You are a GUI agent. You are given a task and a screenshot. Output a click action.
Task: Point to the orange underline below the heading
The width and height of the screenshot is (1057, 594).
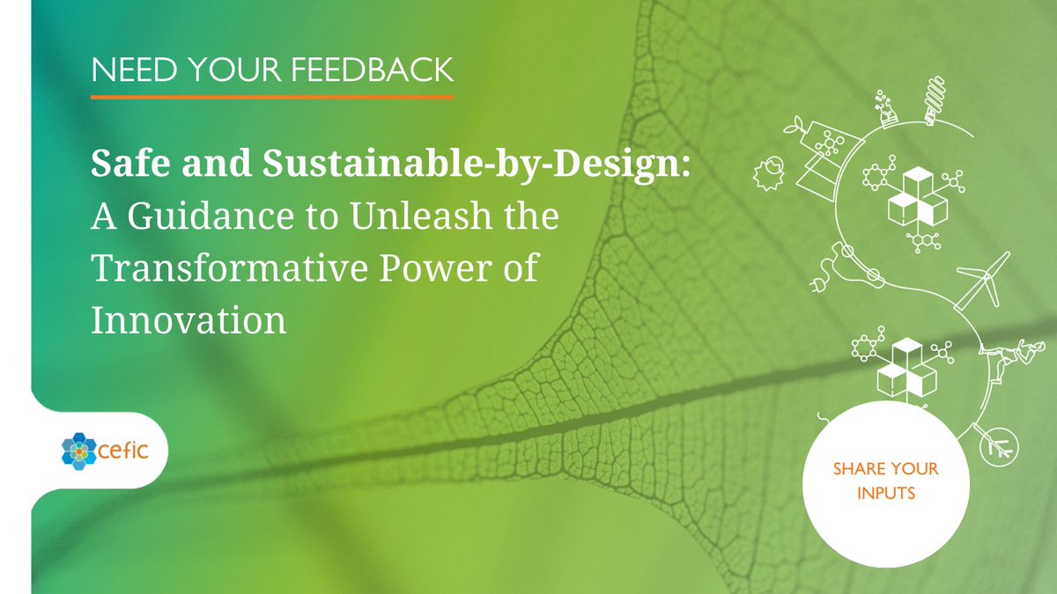tap(272, 96)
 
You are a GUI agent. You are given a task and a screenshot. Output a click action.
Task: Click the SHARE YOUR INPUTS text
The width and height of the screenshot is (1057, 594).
tap(885, 480)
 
